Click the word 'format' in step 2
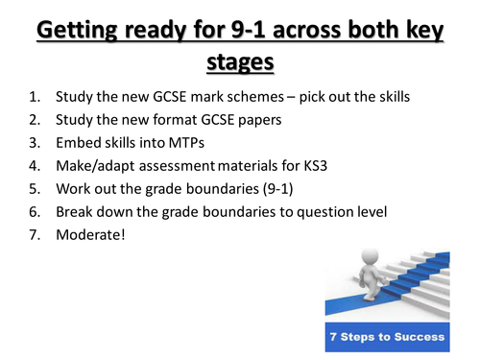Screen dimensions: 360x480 point(172,121)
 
